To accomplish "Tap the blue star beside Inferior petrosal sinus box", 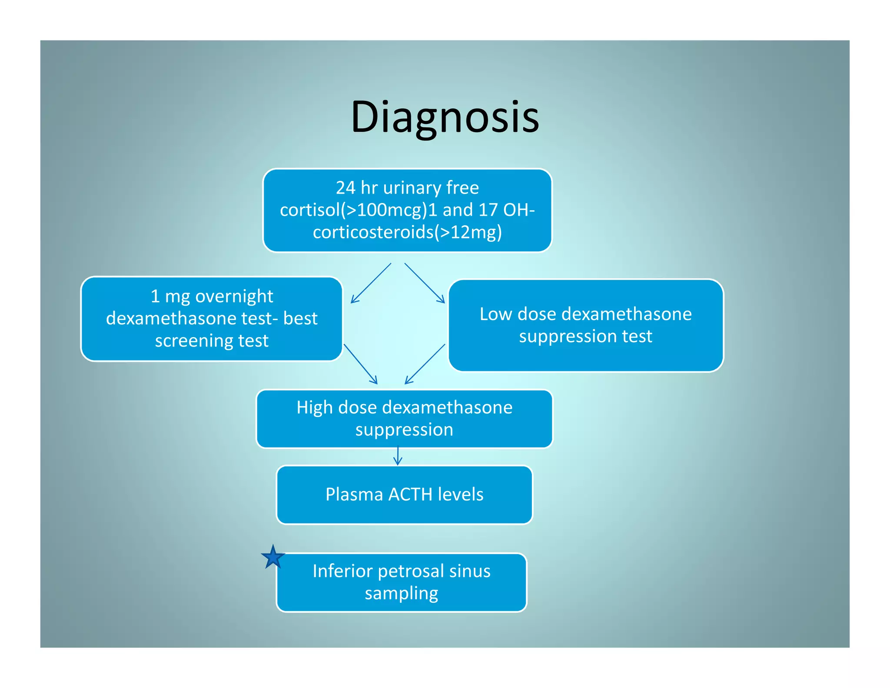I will (273, 558).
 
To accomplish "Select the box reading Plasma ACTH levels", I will (404, 495).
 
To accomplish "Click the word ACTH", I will (410, 494).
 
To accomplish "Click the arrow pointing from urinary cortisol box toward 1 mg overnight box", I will (371, 283).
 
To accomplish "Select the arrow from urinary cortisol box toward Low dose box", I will (425, 283).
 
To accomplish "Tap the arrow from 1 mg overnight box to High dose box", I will (361, 364).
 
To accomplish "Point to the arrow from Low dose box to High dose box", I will (425, 364).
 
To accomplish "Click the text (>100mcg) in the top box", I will (384, 210).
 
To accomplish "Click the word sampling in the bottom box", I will (401, 594).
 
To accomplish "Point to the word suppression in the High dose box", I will (404, 430).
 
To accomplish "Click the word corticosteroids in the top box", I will (373, 232).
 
